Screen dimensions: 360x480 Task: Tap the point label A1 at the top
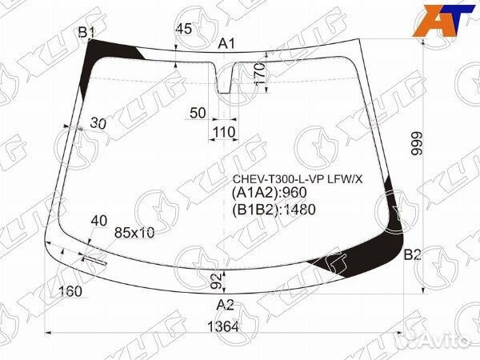227,44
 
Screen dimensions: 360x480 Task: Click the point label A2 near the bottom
226,304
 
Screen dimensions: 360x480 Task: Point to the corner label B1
86,31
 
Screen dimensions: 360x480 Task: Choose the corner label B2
412,255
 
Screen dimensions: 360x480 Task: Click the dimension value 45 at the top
183,30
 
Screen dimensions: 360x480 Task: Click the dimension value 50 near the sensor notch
198,114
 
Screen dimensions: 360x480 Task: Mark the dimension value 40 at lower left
99,220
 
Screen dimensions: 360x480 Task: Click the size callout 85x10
134,233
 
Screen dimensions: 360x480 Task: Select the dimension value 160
71,291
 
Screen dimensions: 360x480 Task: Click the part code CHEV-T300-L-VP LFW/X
297,178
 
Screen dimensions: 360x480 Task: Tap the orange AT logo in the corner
439,20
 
